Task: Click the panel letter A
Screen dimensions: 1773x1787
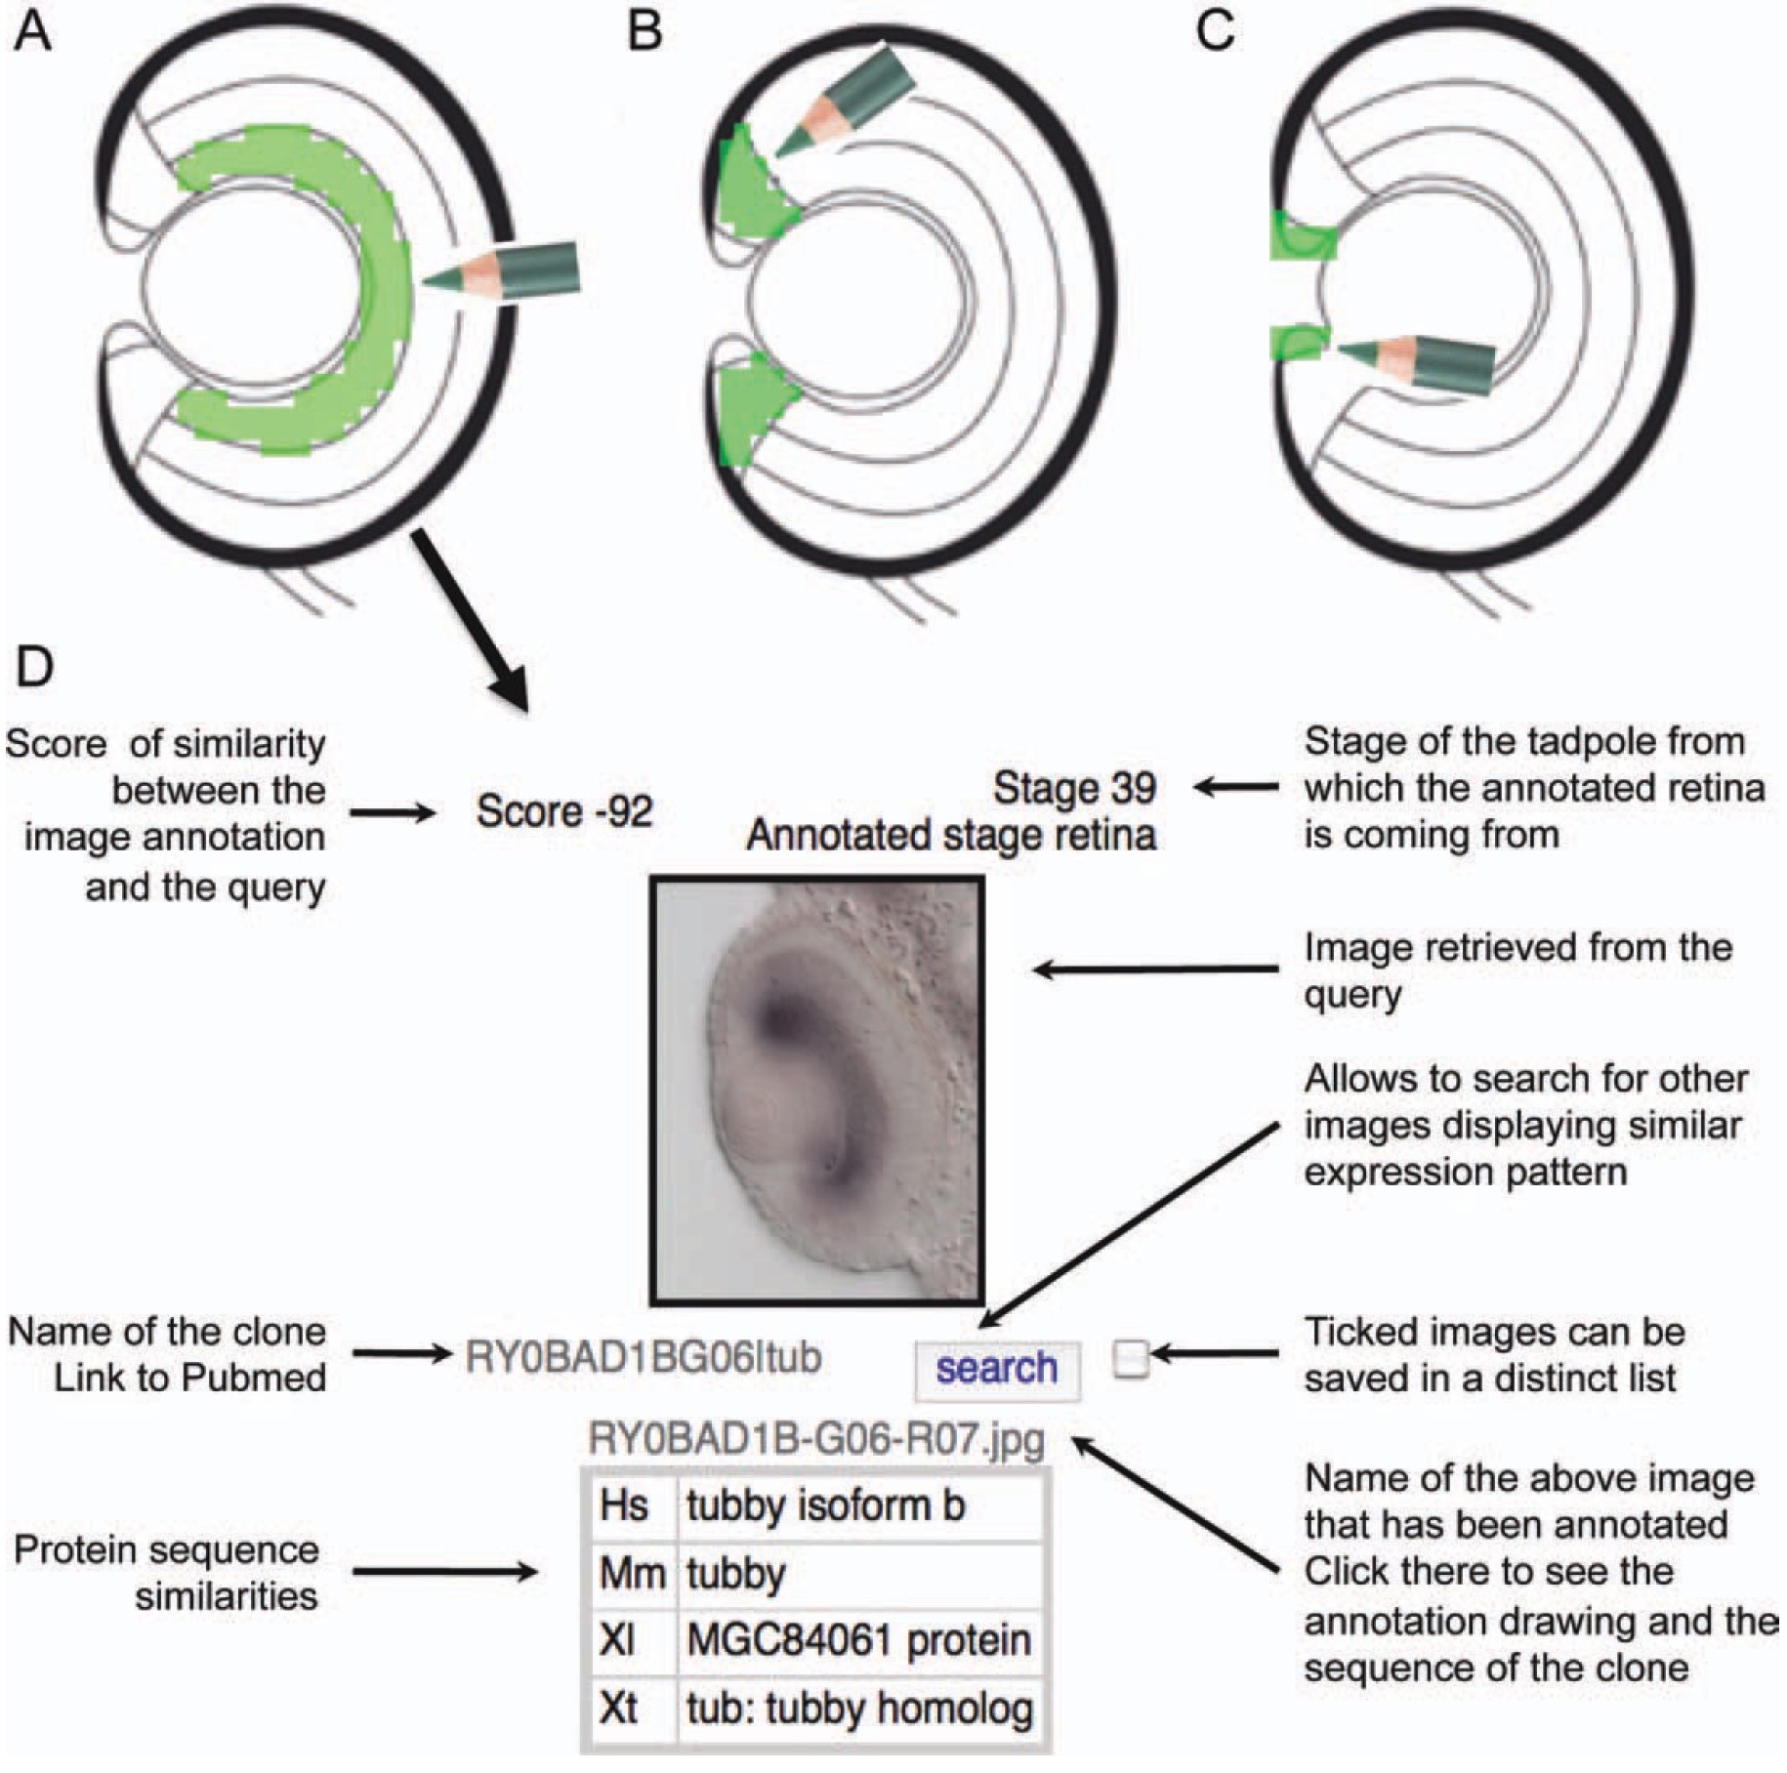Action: click(32, 31)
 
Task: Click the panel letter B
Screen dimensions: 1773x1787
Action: click(644, 31)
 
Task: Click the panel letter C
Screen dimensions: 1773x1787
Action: click(1215, 31)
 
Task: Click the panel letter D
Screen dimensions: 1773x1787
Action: click(34, 668)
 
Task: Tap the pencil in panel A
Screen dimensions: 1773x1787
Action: click(503, 272)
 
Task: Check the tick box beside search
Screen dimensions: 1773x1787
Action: click(1131, 1358)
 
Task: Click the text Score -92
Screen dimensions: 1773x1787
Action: click(564, 812)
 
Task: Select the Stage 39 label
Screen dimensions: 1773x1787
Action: click(1074, 789)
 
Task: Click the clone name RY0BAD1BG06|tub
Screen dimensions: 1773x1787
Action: click(643, 1358)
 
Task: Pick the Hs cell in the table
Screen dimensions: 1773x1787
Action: click(625, 1506)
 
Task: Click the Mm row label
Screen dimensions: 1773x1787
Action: click(631, 1574)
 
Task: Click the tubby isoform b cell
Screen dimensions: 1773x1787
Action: click(826, 1506)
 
